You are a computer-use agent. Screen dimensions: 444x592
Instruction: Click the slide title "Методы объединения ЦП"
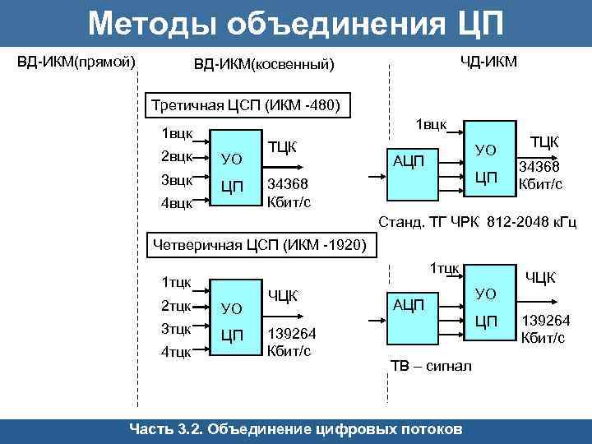(x=295, y=23)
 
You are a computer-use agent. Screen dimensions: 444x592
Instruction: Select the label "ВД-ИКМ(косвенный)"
(x=264, y=64)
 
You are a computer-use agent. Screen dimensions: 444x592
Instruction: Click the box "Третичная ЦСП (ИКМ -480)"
(x=247, y=105)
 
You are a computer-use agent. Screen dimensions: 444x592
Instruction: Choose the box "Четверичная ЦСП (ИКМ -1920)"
(x=261, y=244)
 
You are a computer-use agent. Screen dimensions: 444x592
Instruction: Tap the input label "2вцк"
(x=177, y=156)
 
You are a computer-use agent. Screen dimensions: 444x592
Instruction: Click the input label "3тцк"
(x=177, y=328)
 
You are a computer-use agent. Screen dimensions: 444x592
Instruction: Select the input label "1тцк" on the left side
(x=177, y=282)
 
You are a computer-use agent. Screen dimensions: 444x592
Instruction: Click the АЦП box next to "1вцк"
(x=409, y=161)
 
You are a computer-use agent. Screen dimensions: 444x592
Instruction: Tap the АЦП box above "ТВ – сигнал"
(x=409, y=305)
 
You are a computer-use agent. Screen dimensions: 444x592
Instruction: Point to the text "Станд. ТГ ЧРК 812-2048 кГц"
(x=477, y=223)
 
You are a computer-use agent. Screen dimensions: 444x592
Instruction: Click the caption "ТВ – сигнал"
(x=430, y=366)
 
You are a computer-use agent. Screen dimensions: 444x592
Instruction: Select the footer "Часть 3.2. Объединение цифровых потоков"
(x=296, y=429)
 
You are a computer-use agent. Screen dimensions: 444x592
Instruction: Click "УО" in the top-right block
(x=487, y=150)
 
